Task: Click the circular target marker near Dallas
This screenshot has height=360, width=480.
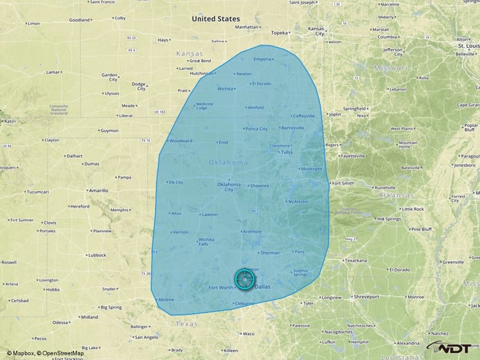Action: [244, 278]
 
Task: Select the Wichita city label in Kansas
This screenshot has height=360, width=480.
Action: [226, 89]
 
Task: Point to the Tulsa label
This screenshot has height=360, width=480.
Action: [287, 152]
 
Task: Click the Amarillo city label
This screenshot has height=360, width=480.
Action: [99, 190]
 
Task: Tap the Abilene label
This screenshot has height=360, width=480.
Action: [166, 300]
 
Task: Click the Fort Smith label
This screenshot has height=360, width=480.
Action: [343, 183]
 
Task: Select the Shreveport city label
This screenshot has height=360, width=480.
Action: [366, 297]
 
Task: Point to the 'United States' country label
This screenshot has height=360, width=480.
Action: [217, 19]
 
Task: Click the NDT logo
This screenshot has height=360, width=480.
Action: [454, 348]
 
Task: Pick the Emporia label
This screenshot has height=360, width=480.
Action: [262, 59]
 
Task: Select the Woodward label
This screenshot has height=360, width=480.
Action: [181, 141]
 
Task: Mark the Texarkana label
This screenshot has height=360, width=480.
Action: [355, 260]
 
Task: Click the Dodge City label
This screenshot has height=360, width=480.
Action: [139, 86]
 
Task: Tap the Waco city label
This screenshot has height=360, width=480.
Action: [248, 334]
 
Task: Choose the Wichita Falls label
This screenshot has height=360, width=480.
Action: [206, 242]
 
